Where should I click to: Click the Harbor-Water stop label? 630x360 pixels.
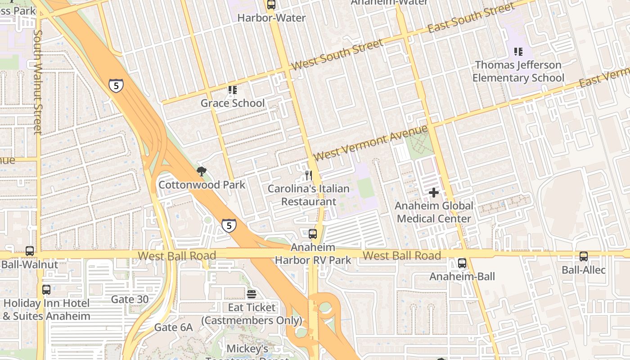pos(271,18)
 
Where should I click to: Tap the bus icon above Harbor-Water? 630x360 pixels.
pos(271,5)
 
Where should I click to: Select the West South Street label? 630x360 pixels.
pos(337,54)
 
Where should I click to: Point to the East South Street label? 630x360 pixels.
pos(471,18)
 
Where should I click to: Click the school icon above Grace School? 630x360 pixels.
pos(232,90)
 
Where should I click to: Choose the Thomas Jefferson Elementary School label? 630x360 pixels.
pos(518,72)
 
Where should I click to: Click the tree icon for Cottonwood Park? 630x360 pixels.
pos(202,171)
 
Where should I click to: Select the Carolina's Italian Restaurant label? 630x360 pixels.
pos(309,195)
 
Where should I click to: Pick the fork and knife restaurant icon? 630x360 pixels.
pos(309,175)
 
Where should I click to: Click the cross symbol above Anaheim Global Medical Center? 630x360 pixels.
pos(434,193)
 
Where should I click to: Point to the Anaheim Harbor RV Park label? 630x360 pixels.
pos(313,254)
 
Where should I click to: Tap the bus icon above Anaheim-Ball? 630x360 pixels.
pos(462,263)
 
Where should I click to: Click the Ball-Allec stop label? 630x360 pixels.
pos(584,270)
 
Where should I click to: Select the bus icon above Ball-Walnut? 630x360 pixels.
pos(30,251)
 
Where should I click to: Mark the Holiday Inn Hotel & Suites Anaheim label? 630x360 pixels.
pos(46,310)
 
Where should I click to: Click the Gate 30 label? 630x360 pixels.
pos(129,299)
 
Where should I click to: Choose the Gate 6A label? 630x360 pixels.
pos(173,327)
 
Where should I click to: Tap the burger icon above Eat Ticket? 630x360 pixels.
pos(252,294)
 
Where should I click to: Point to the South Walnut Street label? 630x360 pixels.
pos(38,82)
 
